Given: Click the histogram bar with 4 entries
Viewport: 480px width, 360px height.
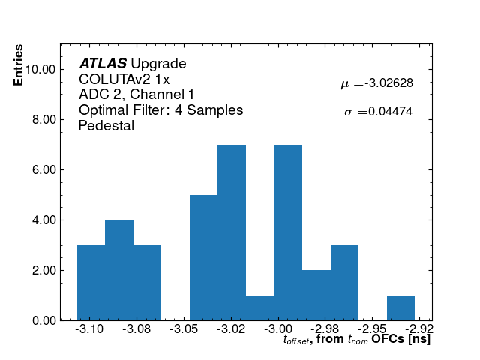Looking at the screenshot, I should coord(119,270).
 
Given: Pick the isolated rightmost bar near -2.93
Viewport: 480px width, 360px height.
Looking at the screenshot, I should coord(400,307).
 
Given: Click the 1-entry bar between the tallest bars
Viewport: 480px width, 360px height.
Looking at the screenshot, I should coord(259,307).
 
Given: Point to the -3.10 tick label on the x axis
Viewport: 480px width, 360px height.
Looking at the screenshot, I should coord(91,329).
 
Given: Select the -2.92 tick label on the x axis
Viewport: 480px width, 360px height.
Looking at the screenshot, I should coord(420,329).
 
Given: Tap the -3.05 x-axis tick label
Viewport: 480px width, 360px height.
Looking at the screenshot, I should coord(184,329).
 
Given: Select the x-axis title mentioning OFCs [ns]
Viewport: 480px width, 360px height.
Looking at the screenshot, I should coord(356,340).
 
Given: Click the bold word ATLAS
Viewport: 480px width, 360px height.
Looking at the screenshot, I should coord(103,64).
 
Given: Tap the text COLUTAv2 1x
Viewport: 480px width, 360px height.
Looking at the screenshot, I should coord(124,79).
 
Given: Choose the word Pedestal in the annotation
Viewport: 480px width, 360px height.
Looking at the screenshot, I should coord(106,126).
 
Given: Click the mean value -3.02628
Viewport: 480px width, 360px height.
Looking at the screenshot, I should coord(388,83).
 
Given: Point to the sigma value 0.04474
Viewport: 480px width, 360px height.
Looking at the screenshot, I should coord(388,112).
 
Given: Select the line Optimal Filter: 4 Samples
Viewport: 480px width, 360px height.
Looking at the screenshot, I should coord(160,110).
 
